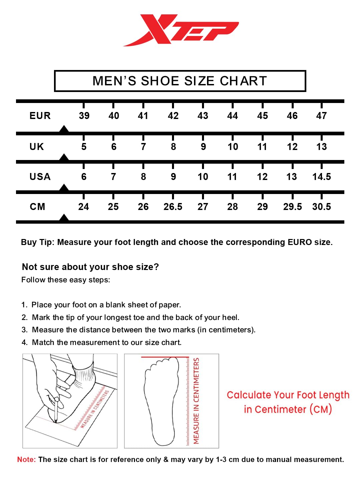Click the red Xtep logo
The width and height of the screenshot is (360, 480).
pos(181,30)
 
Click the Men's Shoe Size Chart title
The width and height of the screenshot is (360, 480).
pos(180,81)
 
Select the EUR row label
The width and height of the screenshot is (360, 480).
pos(40,116)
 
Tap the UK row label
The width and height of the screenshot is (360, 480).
pos(37,147)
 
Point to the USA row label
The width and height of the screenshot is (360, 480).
pos(40,177)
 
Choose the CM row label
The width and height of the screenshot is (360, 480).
pos(37,207)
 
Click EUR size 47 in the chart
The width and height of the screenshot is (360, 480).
pos(321,116)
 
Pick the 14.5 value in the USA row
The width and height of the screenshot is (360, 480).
pos(321,177)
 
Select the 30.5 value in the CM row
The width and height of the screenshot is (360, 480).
pos(321,207)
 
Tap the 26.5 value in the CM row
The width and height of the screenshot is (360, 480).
pos(173,207)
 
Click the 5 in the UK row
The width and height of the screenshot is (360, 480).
pos(84,147)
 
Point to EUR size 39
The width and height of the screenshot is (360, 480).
pos(84,116)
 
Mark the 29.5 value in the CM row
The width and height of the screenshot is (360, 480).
pos(292,207)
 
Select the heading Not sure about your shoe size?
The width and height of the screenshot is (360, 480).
pos(90,267)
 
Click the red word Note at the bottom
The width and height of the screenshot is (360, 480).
pos(26,460)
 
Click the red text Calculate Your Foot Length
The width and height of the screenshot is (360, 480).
pos(288,395)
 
